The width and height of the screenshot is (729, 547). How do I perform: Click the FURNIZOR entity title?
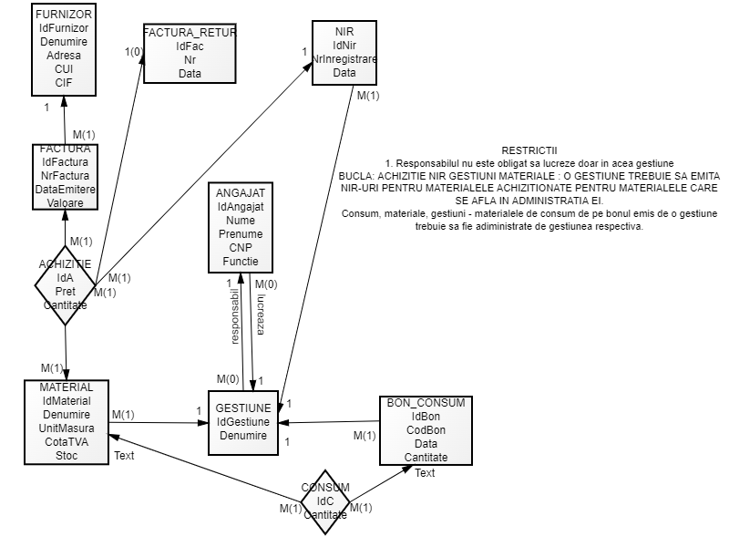[x=63, y=15]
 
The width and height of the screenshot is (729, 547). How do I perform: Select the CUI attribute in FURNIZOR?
[x=63, y=68]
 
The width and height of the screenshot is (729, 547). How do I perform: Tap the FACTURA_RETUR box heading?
[x=190, y=33]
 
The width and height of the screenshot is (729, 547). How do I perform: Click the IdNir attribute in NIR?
[x=344, y=46]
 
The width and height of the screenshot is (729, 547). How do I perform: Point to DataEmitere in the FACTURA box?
[x=64, y=189]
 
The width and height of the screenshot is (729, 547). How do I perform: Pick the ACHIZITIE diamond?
[x=65, y=284]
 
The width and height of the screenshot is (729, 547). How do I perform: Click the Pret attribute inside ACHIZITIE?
[x=64, y=292]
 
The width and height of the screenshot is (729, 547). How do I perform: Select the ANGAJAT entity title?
[x=240, y=194]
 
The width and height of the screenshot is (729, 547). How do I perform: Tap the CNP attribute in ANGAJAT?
[x=240, y=248]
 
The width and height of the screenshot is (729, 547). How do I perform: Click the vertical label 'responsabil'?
[x=235, y=316]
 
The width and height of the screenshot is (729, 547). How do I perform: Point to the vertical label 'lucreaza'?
[x=261, y=315]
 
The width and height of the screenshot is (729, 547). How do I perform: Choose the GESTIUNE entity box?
[x=242, y=422]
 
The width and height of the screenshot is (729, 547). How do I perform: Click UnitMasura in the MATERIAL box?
[x=67, y=428]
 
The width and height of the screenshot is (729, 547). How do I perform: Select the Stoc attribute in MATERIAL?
[x=67, y=455]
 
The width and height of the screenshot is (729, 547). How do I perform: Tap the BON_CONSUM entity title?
[x=426, y=402]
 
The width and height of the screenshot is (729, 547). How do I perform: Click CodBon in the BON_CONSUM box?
[x=426, y=429]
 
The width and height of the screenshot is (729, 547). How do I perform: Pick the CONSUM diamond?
[x=325, y=501]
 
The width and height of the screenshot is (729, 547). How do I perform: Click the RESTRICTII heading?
[x=529, y=150]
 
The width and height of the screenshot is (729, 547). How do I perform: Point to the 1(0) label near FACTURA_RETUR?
[x=135, y=51]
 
